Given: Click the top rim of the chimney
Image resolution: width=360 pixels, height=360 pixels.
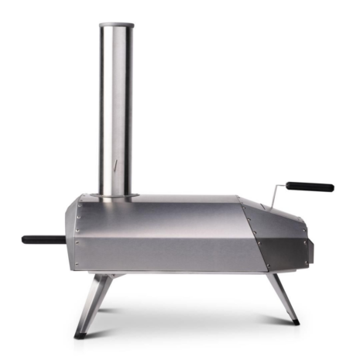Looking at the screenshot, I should pyautogui.click(x=117, y=26).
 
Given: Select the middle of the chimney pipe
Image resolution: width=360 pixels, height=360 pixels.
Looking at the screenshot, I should pyautogui.click(x=117, y=108).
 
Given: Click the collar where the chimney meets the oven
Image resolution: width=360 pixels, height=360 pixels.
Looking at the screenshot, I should pyautogui.click(x=118, y=193).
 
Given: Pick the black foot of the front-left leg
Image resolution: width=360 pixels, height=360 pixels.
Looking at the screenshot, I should pyautogui.click(x=81, y=334).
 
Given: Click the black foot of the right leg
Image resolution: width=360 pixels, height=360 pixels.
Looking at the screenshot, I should pyautogui.click(x=293, y=320).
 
